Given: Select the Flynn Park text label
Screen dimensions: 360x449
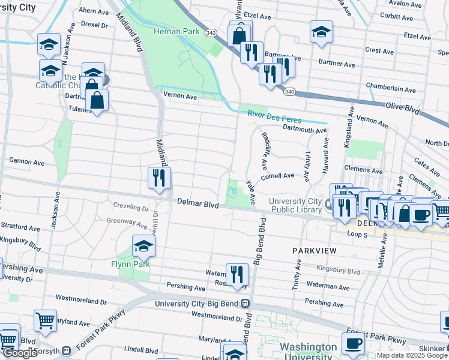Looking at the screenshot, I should pos(130,264).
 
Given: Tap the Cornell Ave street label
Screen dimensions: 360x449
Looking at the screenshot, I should pos(277,176).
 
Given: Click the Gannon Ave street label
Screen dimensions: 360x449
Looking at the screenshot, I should pos(26,162).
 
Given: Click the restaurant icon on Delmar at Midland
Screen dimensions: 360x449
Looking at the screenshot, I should pos(159,178).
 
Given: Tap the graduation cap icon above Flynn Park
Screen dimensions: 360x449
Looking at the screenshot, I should pos(143,245).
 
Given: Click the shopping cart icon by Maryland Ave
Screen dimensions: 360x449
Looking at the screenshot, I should pos(45,320).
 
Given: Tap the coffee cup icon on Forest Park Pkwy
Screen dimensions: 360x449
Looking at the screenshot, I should pos(354,343).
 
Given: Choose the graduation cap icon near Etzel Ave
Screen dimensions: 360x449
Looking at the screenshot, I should pos(321,31).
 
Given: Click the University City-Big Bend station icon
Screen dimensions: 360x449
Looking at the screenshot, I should pos(246,304).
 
